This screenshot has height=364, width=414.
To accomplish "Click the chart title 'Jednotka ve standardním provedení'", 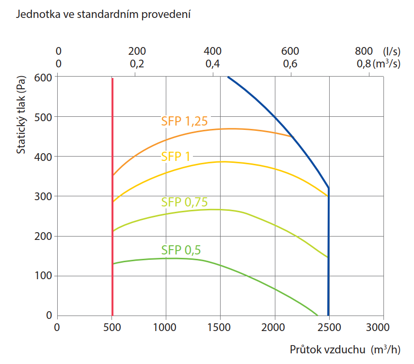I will pos(103,15).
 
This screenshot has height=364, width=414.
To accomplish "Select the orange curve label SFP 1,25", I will pos(184,121).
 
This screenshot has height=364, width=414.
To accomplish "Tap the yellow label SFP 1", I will pos(175,156).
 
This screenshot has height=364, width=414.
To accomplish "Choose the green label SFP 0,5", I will pos(181,250).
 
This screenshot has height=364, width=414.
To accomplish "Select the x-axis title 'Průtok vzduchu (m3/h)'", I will pos(345,349).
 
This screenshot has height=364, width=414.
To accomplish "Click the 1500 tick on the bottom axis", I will pos(220,327).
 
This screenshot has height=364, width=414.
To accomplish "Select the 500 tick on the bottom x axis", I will pos(112,327).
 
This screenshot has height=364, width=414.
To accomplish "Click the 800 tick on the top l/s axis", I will pos(364,51).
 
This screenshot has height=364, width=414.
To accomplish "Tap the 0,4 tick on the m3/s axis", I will pos(212,63).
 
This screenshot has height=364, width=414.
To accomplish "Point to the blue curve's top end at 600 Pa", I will pos(228,77).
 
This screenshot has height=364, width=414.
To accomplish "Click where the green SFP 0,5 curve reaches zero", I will pos(317,315).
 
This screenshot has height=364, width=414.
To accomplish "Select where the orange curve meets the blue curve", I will pos(292,137).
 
